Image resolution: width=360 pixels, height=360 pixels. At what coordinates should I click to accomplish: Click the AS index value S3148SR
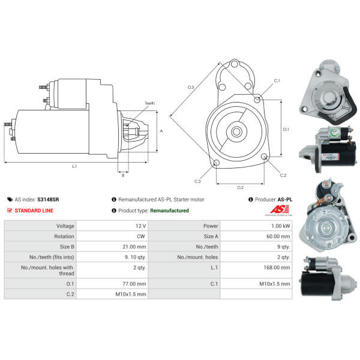tap(47, 199)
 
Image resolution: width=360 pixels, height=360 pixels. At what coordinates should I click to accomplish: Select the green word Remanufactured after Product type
tap(169, 211)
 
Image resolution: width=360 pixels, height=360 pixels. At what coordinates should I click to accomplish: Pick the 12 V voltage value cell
tap(140, 226)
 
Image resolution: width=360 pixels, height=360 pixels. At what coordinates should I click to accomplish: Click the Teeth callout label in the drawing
tap(149, 103)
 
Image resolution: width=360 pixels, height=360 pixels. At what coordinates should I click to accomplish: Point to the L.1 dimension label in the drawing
tap(74, 166)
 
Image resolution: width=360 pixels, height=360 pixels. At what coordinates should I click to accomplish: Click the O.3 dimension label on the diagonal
tap(191, 88)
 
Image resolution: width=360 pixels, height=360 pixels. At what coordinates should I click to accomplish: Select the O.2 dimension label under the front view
tap(240, 187)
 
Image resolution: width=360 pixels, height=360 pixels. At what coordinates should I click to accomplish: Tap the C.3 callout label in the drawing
tap(197, 181)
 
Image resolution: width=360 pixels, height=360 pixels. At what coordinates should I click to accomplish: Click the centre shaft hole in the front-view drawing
tap(236, 130)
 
